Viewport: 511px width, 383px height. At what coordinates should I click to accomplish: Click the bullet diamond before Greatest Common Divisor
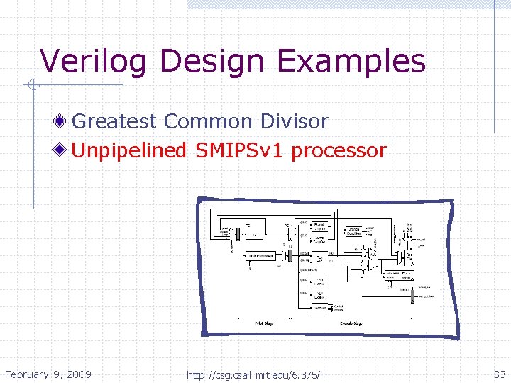point(63,121)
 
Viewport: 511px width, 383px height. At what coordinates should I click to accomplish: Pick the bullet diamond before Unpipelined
point(63,150)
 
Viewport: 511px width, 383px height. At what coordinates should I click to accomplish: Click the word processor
point(339,150)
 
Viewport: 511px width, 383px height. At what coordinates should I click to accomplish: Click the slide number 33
point(499,374)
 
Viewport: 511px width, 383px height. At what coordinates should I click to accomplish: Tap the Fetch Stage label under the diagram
point(264,323)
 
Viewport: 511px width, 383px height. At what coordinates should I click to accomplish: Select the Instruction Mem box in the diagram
point(260,256)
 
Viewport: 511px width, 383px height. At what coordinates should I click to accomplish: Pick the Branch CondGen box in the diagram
point(355,231)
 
